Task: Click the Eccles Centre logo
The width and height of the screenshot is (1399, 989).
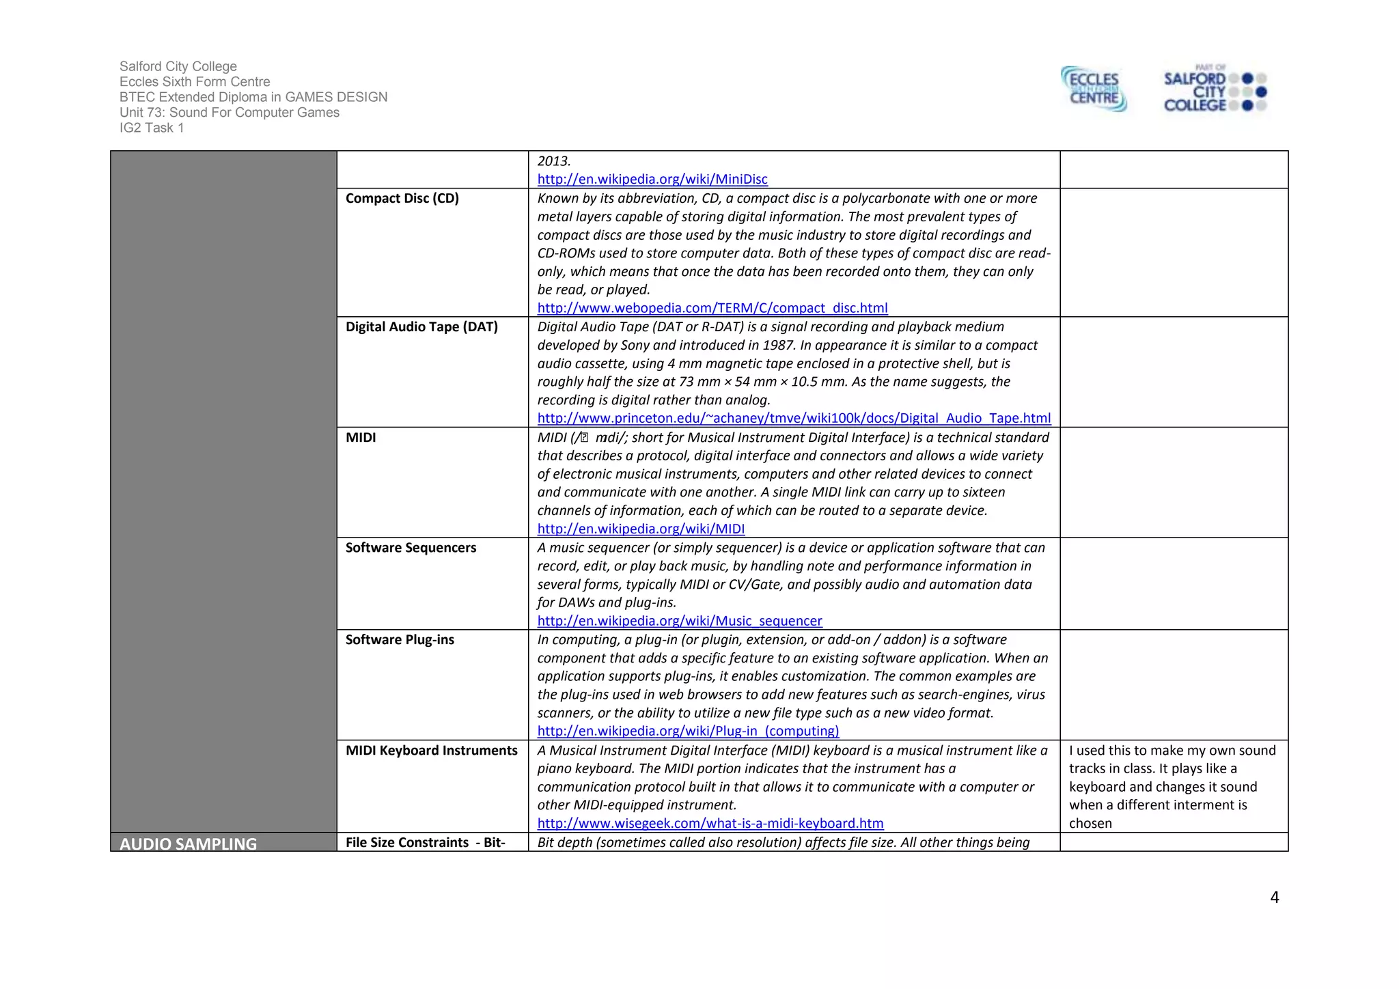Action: tap(1094, 89)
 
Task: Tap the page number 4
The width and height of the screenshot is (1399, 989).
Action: tap(1274, 897)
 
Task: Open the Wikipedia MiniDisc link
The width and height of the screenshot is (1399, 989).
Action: tap(652, 179)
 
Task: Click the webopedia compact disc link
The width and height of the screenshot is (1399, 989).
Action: tap(712, 308)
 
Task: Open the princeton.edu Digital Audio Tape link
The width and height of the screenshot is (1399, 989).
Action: tap(793, 418)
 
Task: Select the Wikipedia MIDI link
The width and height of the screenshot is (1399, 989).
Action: tap(640, 529)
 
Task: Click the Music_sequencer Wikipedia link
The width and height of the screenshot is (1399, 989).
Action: tap(679, 621)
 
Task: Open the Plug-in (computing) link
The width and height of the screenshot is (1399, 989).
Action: tap(687, 731)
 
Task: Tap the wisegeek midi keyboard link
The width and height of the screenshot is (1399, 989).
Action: tap(710, 823)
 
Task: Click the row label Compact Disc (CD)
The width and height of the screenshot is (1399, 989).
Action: tap(402, 198)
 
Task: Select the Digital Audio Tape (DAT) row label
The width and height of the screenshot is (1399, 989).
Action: tap(421, 326)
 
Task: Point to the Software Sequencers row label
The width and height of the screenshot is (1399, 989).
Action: tap(411, 548)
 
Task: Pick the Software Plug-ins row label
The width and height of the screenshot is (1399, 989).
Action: tap(400, 640)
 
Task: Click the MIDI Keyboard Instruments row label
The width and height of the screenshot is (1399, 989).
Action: tap(431, 751)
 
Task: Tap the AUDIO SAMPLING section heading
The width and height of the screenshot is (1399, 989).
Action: tap(188, 844)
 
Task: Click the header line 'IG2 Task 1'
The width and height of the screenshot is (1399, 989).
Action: tap(152, 128)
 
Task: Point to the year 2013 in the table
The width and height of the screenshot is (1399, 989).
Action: tap(553, 161)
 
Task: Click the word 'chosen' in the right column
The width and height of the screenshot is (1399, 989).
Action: tap(1090, 824)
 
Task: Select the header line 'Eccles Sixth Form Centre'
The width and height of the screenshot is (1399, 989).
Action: tap(195, 82)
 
